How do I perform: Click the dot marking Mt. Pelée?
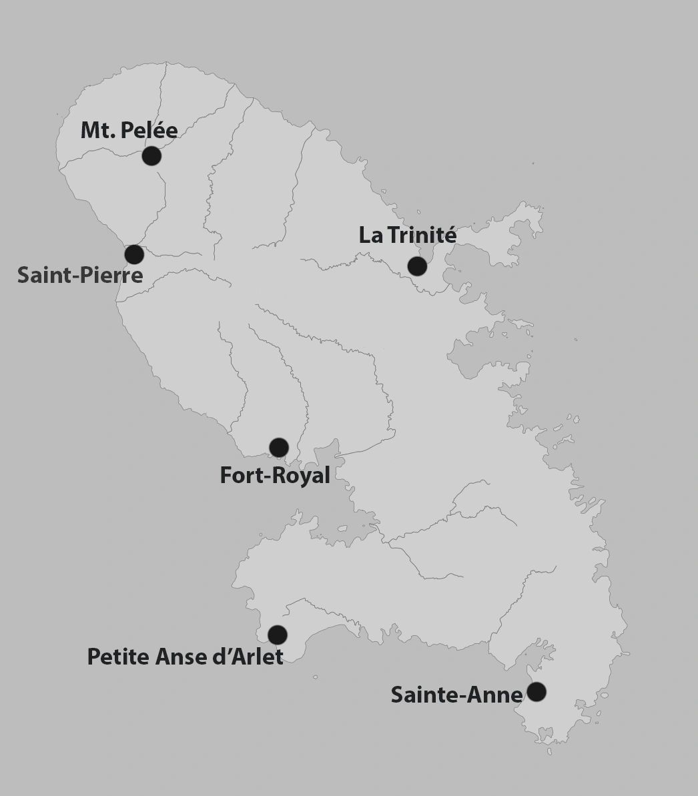(x=151, y=156)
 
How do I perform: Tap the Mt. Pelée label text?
(x=129, y=130)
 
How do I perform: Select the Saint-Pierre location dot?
(x=134, y=254)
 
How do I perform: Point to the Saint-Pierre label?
(x=80, y=275)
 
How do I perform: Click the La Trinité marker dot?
(x=417, y=266)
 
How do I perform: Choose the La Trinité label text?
(x=408, y=236)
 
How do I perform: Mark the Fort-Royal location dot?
(x=279, y=447)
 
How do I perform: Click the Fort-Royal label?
(x=275, y=476)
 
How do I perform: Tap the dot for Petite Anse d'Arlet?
(x=278, y=635)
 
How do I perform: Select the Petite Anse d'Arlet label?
(x=186, y=657)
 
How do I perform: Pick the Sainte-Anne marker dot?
(x=536, y=692)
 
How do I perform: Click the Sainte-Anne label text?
(x=456, y=695)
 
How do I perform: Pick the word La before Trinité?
(x=370, y=236)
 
